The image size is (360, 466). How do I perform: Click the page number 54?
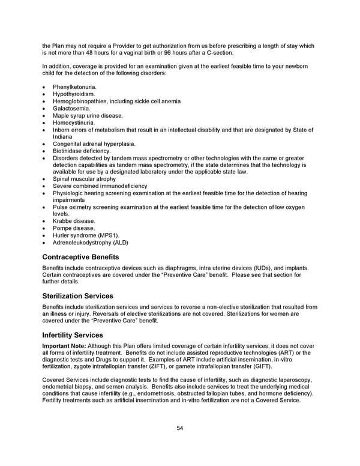click(x=179, y=428)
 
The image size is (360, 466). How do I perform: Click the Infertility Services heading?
click(x=73, y=335)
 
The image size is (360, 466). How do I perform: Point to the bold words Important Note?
click(x=64, y=346)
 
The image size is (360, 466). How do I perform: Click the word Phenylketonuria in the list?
click(x=74, y=87)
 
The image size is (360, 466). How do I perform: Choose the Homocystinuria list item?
click(x=73, y=123)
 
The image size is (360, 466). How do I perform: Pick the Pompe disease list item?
click(x=74, y=228)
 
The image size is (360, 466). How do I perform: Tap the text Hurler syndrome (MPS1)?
click(x=86, y=235)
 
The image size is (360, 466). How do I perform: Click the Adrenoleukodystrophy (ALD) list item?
click(x=90, y=243)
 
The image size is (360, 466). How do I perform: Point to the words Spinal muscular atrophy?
click(x=84, y=179)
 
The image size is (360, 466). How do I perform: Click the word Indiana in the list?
click(x=62, y=137)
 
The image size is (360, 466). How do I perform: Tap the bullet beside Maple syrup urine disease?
click(x=44, y=116)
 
